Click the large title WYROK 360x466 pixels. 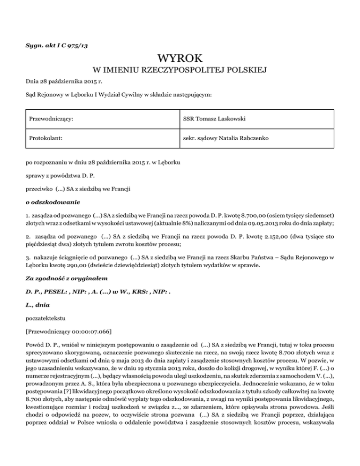click(x=180, y=59)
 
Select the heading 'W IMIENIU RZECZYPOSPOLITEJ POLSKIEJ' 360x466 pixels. click(x=180, y=71)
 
